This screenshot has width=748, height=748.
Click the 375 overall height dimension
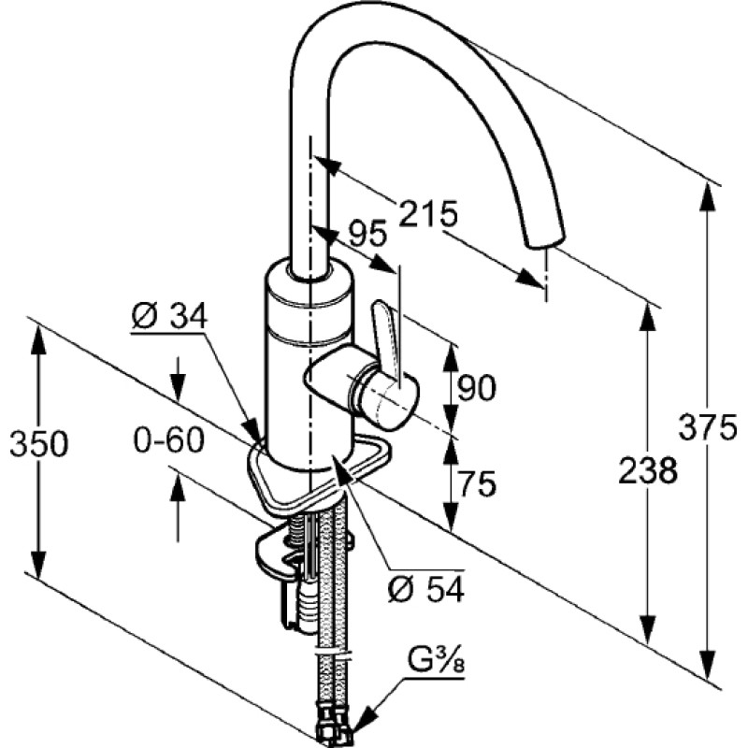707,427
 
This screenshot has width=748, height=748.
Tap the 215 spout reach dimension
428,213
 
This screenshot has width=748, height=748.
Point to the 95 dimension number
367,235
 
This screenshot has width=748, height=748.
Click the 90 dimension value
477,388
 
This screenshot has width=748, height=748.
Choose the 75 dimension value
477,483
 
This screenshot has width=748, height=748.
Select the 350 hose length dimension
39,444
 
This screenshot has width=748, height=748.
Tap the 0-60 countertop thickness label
168,439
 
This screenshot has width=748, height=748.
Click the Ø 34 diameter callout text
169,315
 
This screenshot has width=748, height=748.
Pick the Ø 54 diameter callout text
426,591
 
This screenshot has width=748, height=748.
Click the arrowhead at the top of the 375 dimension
708,195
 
